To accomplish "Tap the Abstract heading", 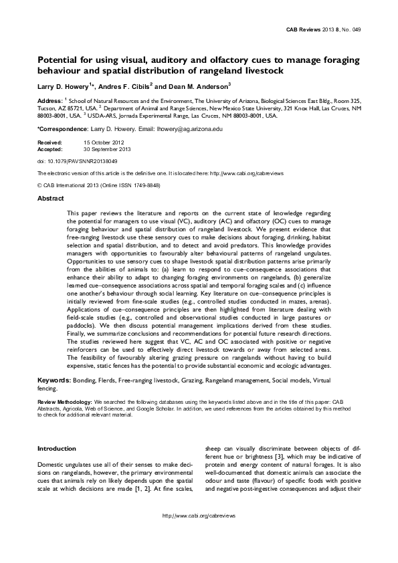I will pyautogui.click(x=50, y=199).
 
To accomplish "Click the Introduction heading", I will pyautogui.click(x=57, y=448).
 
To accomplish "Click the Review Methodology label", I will pyautogui.click(x=67, y=402).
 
